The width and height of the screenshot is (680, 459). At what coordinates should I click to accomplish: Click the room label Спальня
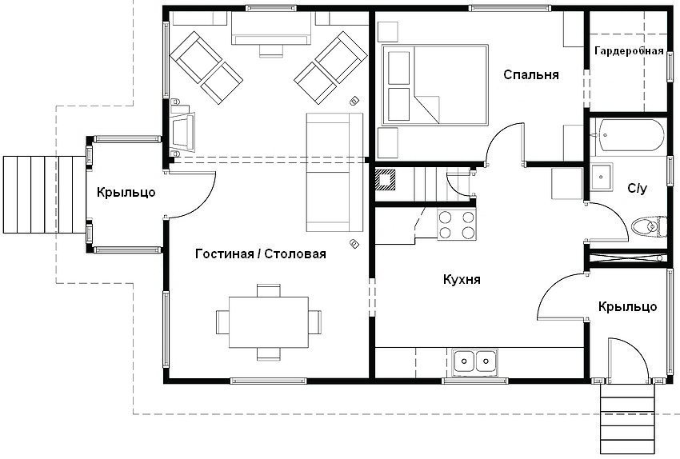[x=530, y=74]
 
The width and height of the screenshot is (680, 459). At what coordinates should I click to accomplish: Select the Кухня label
[x=462, y=280]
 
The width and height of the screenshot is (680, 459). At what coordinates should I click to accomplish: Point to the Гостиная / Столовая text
[x=261, y=254]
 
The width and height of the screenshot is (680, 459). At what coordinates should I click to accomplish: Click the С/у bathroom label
[x=636, y=189]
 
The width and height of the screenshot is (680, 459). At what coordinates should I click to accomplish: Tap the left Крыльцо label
[x=126, y=192]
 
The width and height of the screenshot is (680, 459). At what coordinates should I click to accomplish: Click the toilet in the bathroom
[x=646, y=226]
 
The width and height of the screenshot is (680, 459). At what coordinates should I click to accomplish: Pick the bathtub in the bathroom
[x=629, y=138]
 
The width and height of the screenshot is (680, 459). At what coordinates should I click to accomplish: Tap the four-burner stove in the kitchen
[x=456, y=225]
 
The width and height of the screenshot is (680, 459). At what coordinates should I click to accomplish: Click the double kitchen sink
[x=474, y=361]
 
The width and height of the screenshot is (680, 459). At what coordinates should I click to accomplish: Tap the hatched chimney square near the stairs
[x=386, y=180]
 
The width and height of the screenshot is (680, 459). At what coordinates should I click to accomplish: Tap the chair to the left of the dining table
[x=222, y=321]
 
